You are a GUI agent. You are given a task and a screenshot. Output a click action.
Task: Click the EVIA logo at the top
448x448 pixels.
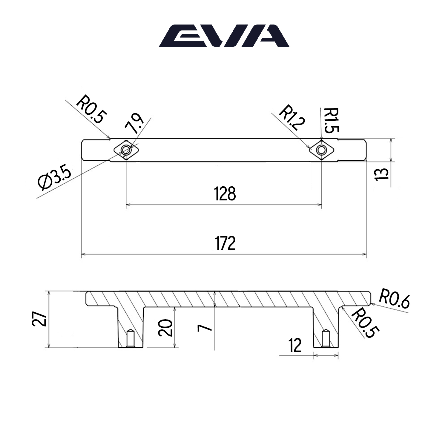pyautogui.click(x=224, y=36)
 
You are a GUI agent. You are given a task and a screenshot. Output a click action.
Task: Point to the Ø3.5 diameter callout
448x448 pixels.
pyautogui.click(x=55, y=179)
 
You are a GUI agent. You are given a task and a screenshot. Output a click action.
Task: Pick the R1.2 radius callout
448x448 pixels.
pyautogui.click(x=292, y=117)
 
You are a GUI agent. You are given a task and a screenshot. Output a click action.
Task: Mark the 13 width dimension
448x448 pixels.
pyautogui.click(x=381, y=174)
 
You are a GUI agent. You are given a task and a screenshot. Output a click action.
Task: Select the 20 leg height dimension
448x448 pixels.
pyautogui.click(x=165, y=328)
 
